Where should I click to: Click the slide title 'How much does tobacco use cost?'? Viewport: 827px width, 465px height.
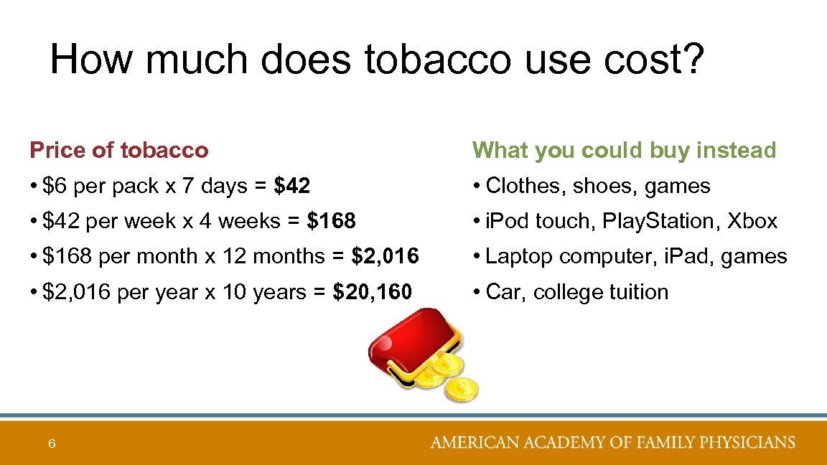tap(378, 59)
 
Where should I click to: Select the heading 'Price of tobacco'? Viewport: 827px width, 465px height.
tap(119, 151)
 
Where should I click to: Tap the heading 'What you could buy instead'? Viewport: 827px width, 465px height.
tap(624, 151)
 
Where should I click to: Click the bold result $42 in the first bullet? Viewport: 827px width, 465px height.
tap(292, 187)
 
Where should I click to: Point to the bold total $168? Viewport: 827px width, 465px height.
tap(331, 222)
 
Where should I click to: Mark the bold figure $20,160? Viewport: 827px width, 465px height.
tap(373, 293)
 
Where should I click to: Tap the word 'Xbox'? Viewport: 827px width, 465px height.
tap(752, 222)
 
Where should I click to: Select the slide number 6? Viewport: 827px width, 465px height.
tap(52, 444)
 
